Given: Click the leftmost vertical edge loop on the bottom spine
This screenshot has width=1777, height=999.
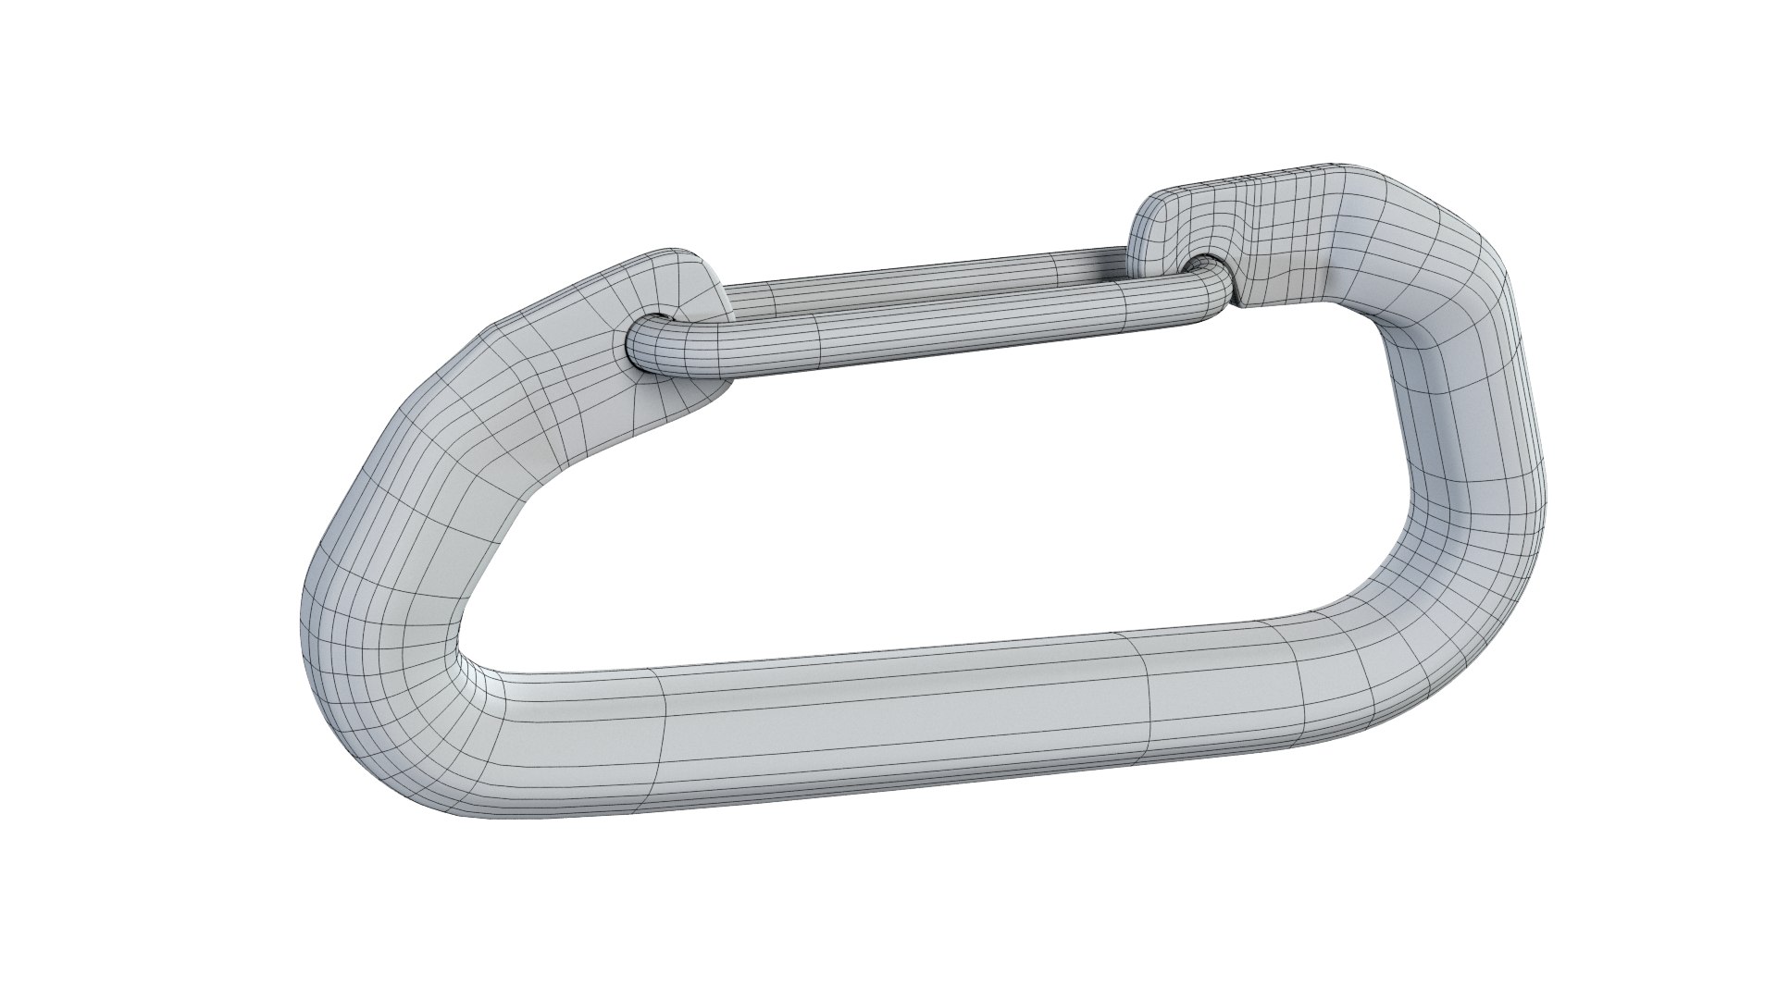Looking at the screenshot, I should tap(659, 740).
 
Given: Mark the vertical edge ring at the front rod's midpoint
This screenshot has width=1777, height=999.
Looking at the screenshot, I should tap(819, 339).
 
